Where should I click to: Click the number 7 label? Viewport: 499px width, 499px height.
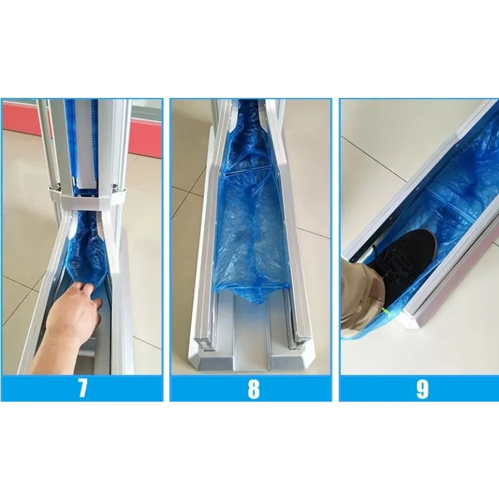[82, 388]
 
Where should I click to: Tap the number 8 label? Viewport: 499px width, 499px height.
[254, 389]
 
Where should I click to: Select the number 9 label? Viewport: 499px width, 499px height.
[422, 389]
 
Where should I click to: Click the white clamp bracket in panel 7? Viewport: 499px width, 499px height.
[87, 200]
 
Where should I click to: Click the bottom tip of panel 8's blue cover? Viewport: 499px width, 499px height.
[254, 301]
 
